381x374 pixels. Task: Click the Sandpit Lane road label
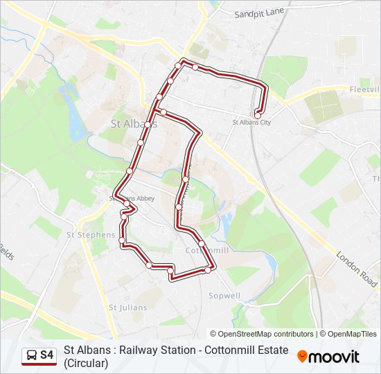[260, 13]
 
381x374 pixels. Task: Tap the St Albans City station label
[251, 123]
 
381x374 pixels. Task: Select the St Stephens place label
[90, 235]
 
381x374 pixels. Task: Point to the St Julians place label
[128, 307]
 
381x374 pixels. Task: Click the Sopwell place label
[224, 296]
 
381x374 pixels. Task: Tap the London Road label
[356, 269]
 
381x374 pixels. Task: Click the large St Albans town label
[134, 124]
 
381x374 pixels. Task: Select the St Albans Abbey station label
[132, 199]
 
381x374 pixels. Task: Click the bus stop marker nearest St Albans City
[258, 114]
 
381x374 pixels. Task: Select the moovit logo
[328, 357]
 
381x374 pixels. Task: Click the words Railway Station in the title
[156, 350]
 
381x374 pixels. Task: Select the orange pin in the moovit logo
[303, 356]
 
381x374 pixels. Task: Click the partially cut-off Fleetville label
[364, 90]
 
